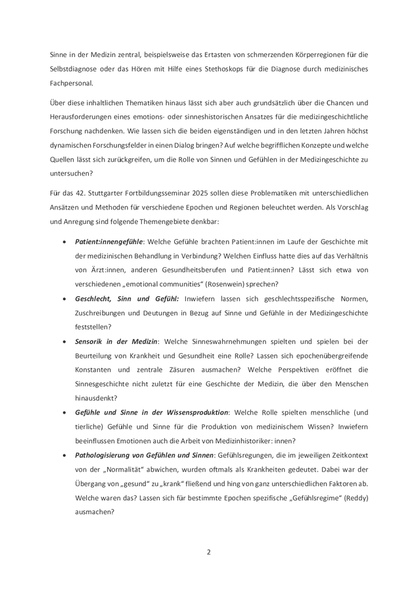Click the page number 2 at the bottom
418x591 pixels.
pos(208,552)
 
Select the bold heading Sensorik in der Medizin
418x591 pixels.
pos(116,341)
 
